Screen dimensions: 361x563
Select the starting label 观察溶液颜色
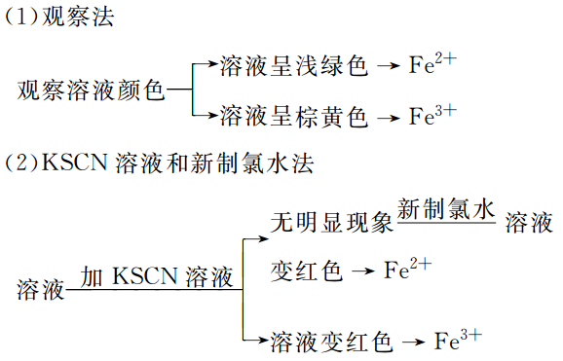(x=92, y=91)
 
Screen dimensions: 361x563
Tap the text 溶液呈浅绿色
(x=294, y=66)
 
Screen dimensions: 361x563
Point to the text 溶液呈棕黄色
(x=294, y=118)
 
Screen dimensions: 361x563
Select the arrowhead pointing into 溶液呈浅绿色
(x=212, y=66)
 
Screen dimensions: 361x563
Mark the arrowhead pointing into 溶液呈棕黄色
(x=212, y=118)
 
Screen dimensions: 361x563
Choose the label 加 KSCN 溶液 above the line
(x=157, y=276)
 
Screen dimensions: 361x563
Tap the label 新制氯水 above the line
(x=447, y=209)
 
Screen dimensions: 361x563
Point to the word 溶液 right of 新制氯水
(x=530, y=222)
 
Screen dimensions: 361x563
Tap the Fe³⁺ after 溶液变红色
(x=457, y=340)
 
